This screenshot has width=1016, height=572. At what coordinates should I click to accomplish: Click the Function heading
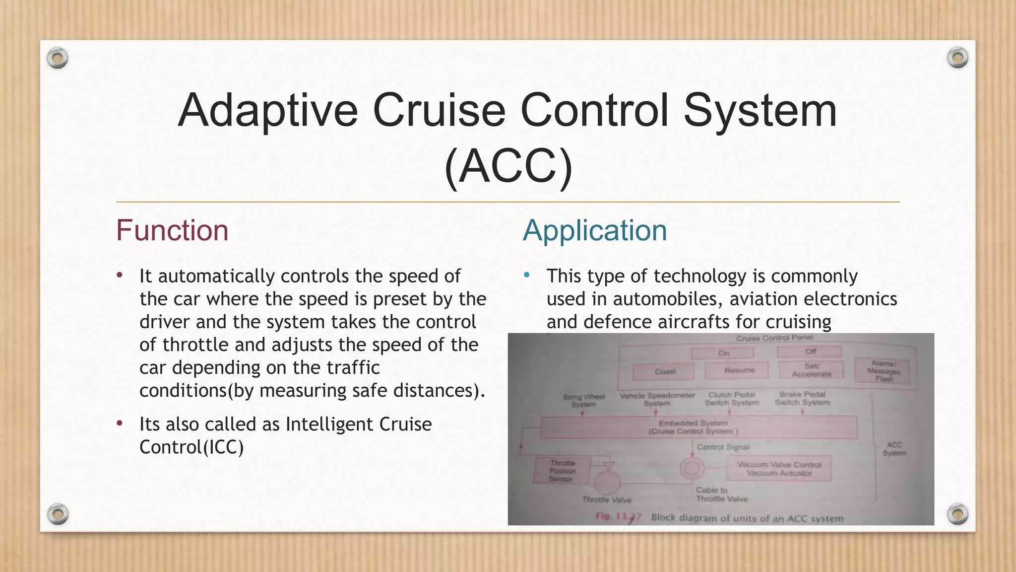point(172,231)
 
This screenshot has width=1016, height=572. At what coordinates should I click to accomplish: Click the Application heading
point(595,231)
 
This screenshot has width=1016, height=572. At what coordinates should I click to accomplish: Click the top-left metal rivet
point(58,59)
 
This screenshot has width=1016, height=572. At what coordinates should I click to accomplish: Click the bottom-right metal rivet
point(957,514)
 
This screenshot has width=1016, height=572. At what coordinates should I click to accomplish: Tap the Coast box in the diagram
point(665,371)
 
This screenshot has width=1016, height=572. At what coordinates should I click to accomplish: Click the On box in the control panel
point(723,353)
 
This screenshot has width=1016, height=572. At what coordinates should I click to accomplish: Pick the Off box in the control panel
point(810,352)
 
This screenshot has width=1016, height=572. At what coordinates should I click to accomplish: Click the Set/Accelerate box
point(811,370)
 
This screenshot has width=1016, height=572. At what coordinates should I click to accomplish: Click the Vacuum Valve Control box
point(778,468)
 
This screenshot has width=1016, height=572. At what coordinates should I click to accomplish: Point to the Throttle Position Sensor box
point(562,471)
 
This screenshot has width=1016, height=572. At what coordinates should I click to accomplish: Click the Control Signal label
point(723,447)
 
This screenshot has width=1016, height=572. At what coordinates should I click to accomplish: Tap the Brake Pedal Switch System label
point(802,398)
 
